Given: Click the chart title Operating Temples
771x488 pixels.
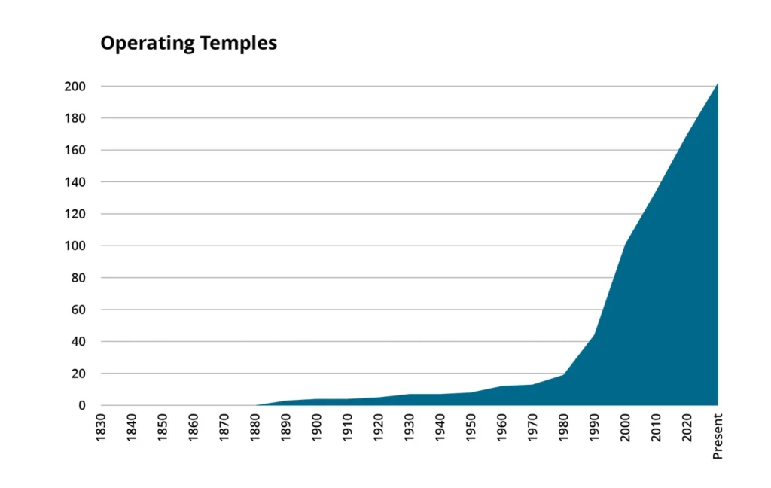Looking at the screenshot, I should (188, 44).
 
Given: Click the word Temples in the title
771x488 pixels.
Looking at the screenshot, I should (238, 44).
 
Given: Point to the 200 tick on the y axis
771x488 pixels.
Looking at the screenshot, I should (75, 87).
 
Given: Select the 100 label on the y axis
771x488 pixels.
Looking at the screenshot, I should (75, 246).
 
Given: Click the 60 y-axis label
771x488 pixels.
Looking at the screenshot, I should (78, 310).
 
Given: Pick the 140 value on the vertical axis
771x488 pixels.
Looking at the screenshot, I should (75, 182).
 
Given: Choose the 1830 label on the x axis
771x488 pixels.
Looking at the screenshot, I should (101, 427).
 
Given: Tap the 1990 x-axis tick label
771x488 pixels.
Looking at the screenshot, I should (594, 427).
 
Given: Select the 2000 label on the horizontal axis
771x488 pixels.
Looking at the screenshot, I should (625, 427).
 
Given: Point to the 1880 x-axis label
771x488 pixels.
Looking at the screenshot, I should (255, 427).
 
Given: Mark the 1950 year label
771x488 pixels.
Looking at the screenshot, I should (471, 427).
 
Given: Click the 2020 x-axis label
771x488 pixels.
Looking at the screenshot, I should (687, 427).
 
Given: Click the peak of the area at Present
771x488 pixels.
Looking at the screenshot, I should (717, 84).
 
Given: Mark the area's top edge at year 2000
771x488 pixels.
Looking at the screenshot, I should (625, 245).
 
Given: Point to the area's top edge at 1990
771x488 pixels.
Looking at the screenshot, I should (594, 334).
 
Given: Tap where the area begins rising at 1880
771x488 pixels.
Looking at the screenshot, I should (255, 405).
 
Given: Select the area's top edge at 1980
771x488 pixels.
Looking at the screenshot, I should (563, 374).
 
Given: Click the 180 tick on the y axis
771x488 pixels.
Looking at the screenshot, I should (75, 118).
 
